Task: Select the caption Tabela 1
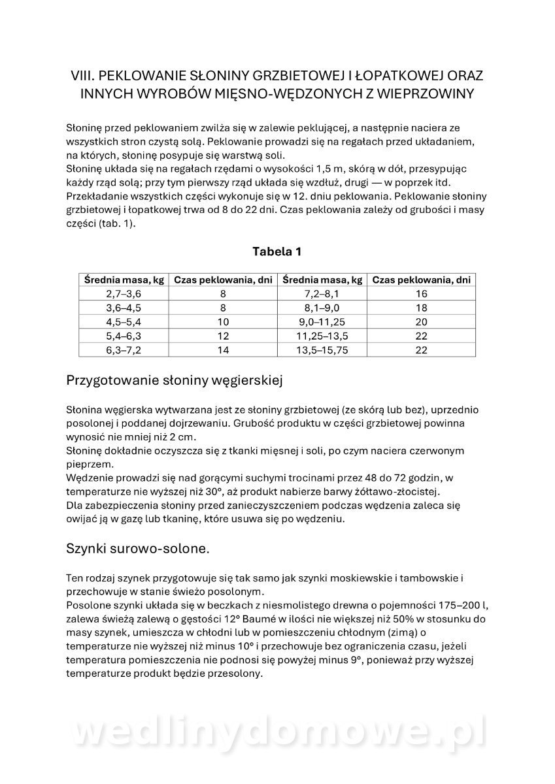pyautogui.click(x=277, y=252)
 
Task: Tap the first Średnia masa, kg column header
pyautogui.click(x=124, y=280)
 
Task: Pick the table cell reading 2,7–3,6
pyautogui.click(x=124, y=294)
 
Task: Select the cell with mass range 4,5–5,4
pyautogui.click(x=124, y=321)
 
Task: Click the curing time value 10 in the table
pyautogui.click(x=223, y=321)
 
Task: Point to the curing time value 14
pyautogui.click(x=223, y=350)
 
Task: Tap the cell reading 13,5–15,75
pyautogui.click(x=322, y=350)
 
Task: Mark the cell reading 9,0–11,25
pyautogui.click(x=322, y=321)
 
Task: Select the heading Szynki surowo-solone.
pyautogui.click(x=138, y=548)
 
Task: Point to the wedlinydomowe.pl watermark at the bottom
pyautogui.click(x=277, y=732)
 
